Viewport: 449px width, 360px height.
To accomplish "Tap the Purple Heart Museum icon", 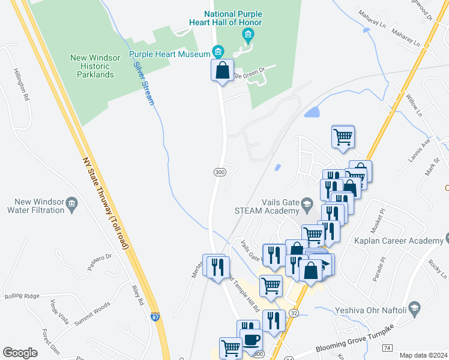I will [218, 50].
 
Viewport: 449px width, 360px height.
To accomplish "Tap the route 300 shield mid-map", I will [220, 172].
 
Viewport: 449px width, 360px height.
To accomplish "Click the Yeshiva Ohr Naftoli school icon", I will [414, 307].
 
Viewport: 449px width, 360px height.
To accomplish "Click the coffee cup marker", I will [252, 339].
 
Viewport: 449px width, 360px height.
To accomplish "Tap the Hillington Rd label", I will [20, 84].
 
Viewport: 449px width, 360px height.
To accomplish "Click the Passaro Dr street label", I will [100, 262].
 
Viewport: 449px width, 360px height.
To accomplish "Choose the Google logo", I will [20, 353].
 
